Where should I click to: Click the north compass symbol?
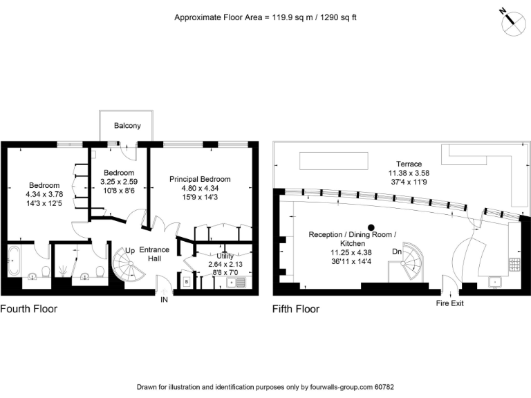coord(512,22)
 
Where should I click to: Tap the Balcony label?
coord(127,126)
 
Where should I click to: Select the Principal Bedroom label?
coord(200,179)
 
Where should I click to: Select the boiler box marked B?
coord(187,282)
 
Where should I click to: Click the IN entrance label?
coord(164,300)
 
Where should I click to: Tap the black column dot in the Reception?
coord(371,227)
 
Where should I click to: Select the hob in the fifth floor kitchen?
coord(515,263)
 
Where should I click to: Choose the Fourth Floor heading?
coord(29,309)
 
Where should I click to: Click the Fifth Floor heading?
coord(296,309)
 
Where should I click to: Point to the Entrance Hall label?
coord(154,254)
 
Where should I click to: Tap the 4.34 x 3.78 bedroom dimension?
coord(44,194)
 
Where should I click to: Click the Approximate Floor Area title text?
coord(265,17)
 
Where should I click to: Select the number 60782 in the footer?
coord(382,387)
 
